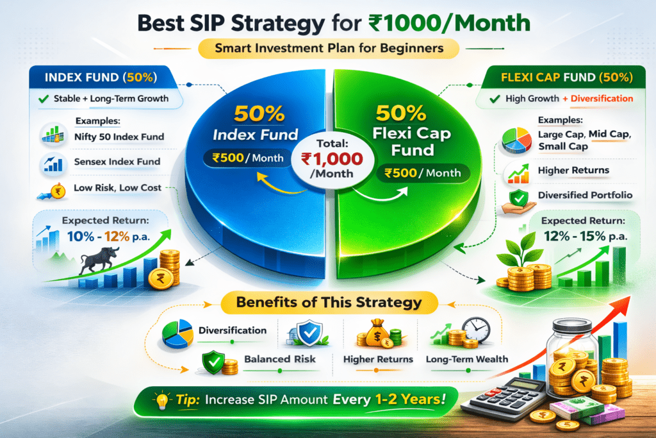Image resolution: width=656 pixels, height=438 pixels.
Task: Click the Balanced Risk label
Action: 280,360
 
